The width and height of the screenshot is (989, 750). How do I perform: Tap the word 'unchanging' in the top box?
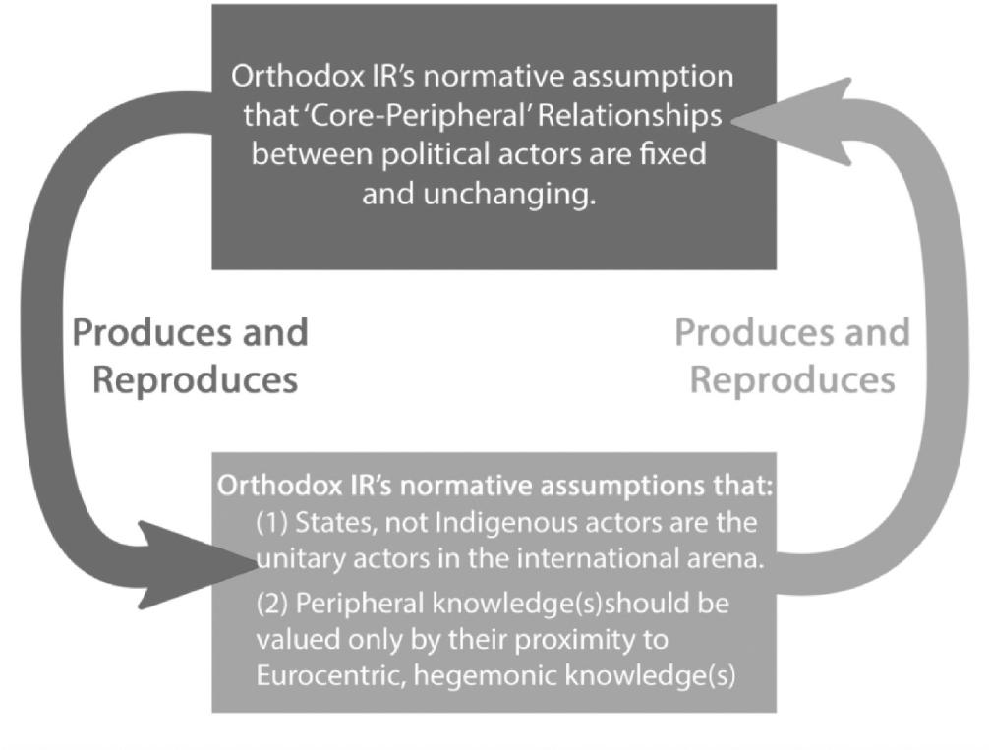[x=509, y=194]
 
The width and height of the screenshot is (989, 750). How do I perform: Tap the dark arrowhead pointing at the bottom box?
[x=196, y=564]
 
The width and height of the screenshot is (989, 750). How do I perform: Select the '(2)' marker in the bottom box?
[x=272, y=604]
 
